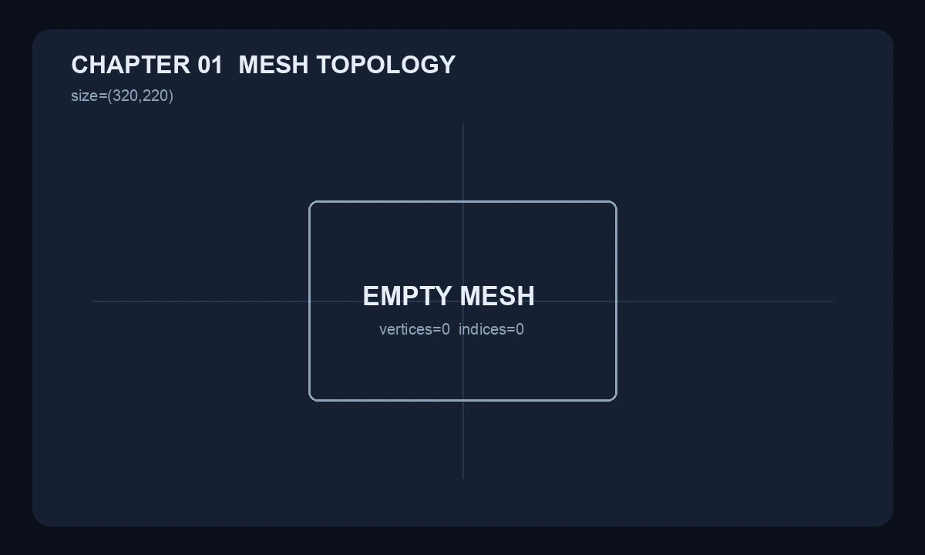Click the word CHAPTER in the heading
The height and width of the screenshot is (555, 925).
pyautogui.click(x=130, y=65)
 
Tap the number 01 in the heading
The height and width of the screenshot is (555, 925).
pyautogui.click(x=210, y=65)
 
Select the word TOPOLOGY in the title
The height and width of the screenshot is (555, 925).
pyautogui.click(x=386, y=65)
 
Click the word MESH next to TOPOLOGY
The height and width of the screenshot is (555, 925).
pyautogui.click(x=274, y=65)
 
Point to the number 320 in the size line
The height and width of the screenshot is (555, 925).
pyautogui.click(x=125, y=96)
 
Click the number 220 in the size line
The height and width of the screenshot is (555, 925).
pyautogui.click(x=155, y=96)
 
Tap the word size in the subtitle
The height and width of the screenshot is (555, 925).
pyautogui.click(x=84, y=96)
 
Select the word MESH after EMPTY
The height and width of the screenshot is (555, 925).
pyautogui.click(x=497, y=296)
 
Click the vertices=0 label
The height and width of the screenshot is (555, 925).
pyautogui.click(x=415, y=330)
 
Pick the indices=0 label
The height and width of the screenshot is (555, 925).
pyautogui.click(x=492, y=330)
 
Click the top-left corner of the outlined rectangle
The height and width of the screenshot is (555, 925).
pyautogui.click(x=309, y=202)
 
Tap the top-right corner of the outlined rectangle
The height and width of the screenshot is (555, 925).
pyautogui.click(x=617, y=202)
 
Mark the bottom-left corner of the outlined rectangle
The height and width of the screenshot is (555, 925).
pyautogui.click(x=309, y=400)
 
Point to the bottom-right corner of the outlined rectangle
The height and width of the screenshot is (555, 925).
pyautogui.click(x=617, y=400)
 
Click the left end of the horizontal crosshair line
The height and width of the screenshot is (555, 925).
pyautogui.click(x=93, y=301)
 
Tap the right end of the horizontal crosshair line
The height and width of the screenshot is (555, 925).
pyautogui.click(x=833, y=301)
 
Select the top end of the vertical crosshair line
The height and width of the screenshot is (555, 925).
pyautogui.click(x=463, y=124)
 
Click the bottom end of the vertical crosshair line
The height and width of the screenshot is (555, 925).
pyautogui.click(x=463, y=478)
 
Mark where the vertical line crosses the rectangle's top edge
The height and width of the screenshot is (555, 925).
pyautogui.click(x=463, y=202)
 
